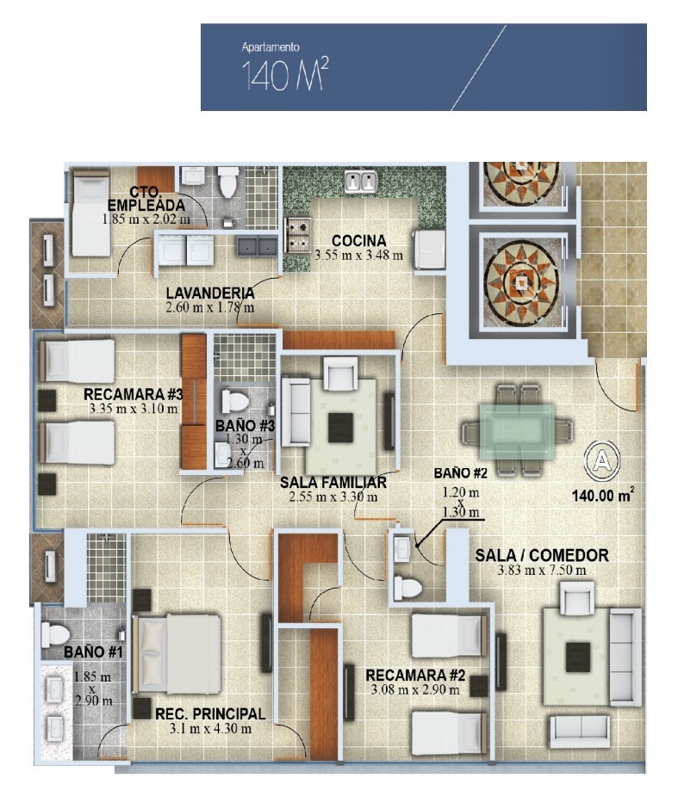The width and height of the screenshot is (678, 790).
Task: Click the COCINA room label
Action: pos(359,241)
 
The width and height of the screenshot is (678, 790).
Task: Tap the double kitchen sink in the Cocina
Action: pos(361,182)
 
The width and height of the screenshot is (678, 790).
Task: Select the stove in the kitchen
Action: pos(298,236)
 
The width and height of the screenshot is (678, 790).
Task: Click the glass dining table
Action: pos(518,429)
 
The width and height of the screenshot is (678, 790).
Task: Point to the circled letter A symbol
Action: pos(602,460)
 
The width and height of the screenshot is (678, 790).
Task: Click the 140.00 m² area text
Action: pos(603,496)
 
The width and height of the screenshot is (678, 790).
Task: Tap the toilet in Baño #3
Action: pos(235,402)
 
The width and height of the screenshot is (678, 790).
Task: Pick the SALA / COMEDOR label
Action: pos(542,555)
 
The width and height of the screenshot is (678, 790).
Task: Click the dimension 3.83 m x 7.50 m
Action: pos(542,571)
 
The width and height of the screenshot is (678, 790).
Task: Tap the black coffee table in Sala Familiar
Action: pos(340,428)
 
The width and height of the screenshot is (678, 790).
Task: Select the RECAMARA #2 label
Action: pos(415,676)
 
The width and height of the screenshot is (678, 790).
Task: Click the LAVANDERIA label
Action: pos(210,293)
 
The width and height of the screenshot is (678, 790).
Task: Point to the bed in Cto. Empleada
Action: pos(90,213)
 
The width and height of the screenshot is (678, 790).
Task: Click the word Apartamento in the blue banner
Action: pos(271,47)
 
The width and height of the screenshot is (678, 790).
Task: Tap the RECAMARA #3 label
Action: pos(134,394)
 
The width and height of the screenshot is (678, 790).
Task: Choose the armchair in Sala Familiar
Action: pos(340,373)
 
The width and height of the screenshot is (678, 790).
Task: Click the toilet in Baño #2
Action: pos(407,588)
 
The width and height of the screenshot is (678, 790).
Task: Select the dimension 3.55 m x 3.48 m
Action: pos(358,255)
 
